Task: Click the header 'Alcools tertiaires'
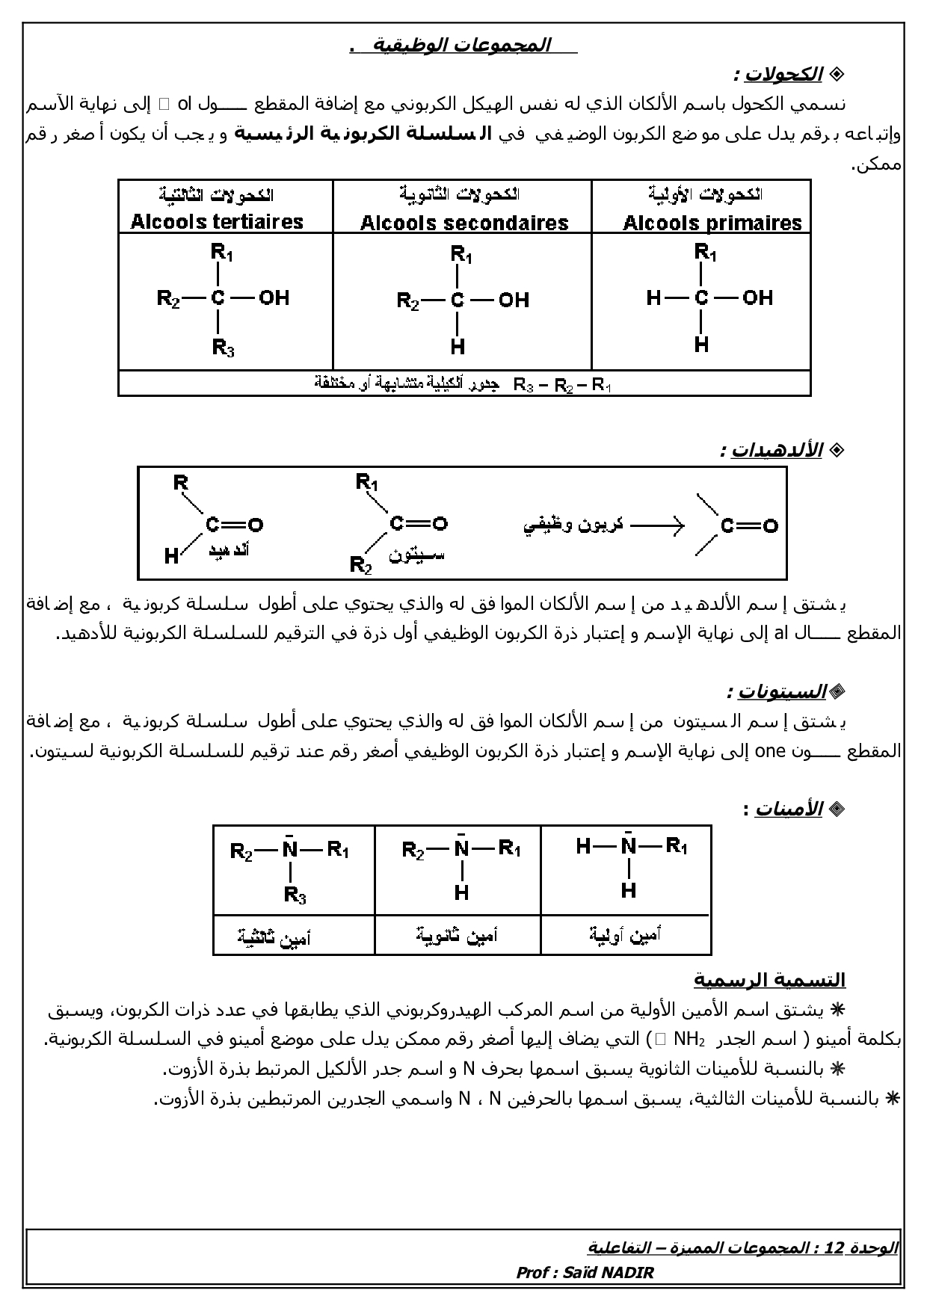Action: click(x=217, y=221)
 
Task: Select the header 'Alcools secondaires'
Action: click(x=464, y=223)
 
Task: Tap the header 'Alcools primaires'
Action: click(x=712, y=223)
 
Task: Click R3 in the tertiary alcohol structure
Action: click(x=224, y=348)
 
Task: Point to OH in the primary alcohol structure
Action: click(x=757, y=297)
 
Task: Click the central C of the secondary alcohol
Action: click(x=458, y=300)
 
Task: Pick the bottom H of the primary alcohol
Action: click(x=701, y=345)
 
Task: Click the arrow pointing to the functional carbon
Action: click(x=658, y=525)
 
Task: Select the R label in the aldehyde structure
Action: click(x=180, y=483)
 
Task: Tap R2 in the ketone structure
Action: click(x=361, y=565)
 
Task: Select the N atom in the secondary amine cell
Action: click(x=461, y=850)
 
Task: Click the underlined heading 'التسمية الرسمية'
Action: click(x=769, y=979)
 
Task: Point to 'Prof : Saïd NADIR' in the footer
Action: click(x=585, y=1273)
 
